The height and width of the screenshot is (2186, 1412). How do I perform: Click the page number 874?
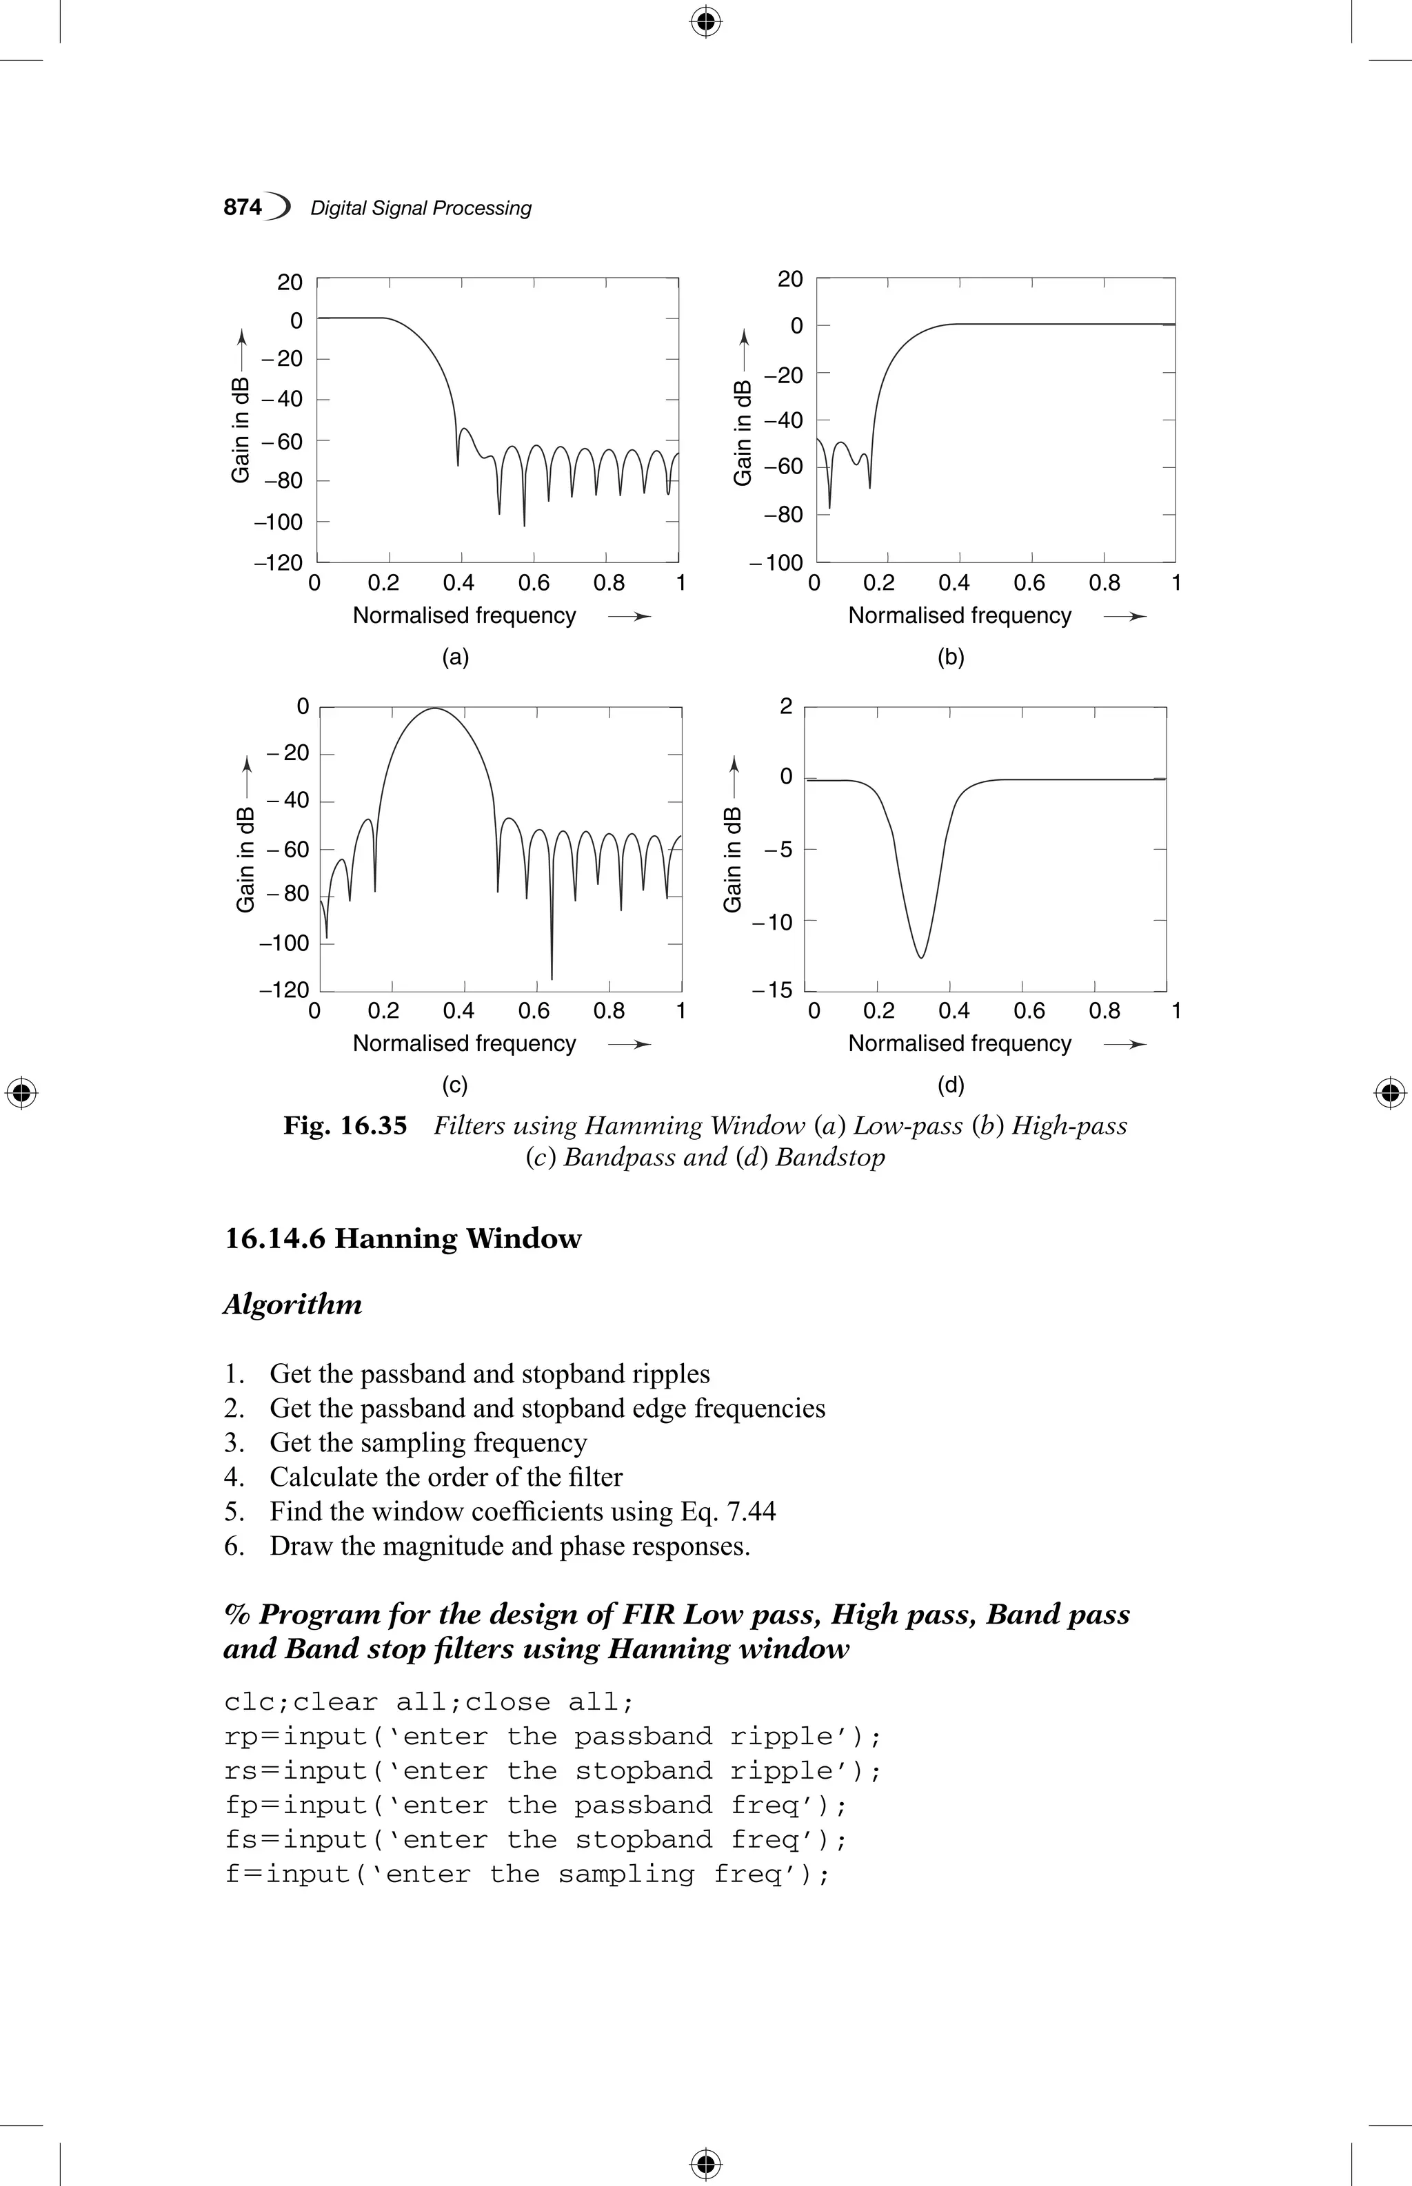pyautogui.click(x=243, y=208)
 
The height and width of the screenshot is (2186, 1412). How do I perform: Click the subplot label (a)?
pyautogui.click(x=456, y=657)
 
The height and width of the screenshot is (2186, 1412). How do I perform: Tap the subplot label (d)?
pyautogui.click(x=951, y=1085)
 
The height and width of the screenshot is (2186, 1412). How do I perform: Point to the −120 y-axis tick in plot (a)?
pyautogui.click(x=278, y=563)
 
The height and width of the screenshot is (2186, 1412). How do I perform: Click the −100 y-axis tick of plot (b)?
pyautogui.click(x=776, y=563)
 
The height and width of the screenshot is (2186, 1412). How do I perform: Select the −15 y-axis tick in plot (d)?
pyautogui.click(x=772, y=991)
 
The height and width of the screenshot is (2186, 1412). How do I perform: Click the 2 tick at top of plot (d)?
pyautogui.click(x=786, y=706)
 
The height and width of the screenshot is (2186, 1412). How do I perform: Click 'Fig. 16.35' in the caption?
pyautogui.click(x=345, y=1125)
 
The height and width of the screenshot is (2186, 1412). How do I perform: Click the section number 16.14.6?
pyautogui.click(x=275, y=1239)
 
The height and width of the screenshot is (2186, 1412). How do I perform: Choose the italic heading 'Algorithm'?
pyautogui.click(x=292, y=1305)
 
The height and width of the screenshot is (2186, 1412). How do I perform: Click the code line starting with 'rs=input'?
pyautogui.click(x=552, y=1771)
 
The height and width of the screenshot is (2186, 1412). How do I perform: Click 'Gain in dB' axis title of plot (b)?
pyautogui.click(x=743, y=433)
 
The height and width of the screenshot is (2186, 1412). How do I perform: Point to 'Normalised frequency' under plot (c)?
pyautogui.click(x=464, y=1043)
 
